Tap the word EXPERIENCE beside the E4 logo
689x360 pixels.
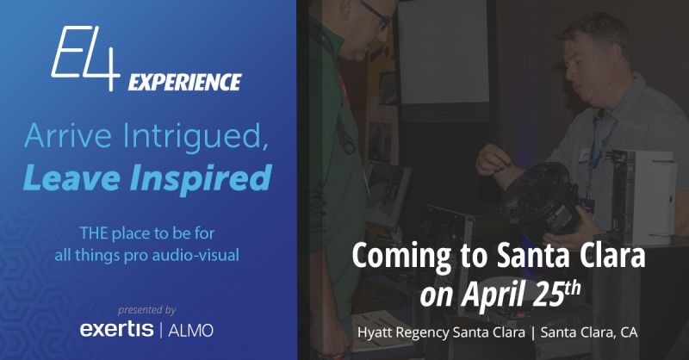pyautogui.click(x=185, y=82)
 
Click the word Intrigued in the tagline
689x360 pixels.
pyautogui.click(x=196, y=137)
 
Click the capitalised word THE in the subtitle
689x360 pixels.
pyautogui.click(x=94, y=233)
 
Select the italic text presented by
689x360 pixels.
pyautogui.click(x=146, y=310)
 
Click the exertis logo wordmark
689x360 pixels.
pyautogui.click(x=116, y=329)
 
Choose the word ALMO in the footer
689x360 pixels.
pyautogui.click(x=190, y=331)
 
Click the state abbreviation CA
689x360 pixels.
pyautogui.click(x=629, y=332)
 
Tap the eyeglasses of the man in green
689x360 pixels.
pyautogui.click(x=376, y=13)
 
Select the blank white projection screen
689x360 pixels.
pyautogui.click(x=444, y=52)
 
